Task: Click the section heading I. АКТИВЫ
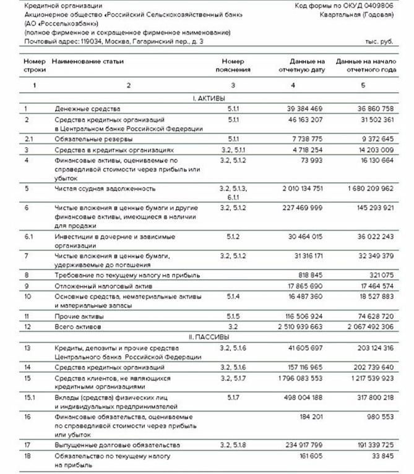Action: click(x=209, y=98)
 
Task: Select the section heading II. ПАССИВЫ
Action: click(x=209, y=337)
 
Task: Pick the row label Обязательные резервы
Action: click(x=86, y=139)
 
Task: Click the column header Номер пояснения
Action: click(x=233, y=66)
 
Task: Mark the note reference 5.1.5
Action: click(x=233, y=316)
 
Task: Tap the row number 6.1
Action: click(x=28, y=236)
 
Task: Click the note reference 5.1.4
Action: click(x=233, y=297)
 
